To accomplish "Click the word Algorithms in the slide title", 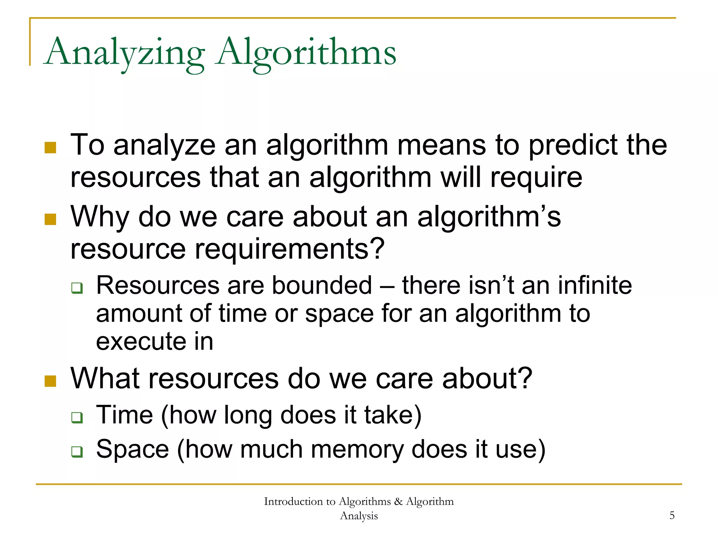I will [x=306, y=53].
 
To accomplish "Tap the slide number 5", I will [x=672, y=515].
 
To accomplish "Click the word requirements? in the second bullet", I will [x=290, y=249].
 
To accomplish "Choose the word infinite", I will [x=595, y=285].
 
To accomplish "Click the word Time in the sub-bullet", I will [x=124, y=415].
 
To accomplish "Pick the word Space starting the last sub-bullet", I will [x=133, y=449].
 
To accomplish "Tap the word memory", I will [x=357, y=449].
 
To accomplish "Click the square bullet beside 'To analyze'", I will [x=50, y=147].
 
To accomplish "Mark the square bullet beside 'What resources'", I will [x=50, y=381].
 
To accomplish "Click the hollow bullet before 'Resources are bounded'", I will [x=77, y=288].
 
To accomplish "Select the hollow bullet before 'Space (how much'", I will [x=77, y=452].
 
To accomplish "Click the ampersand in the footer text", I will [x=398, y=502].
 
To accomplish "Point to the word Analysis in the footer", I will [x=359, y=516].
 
